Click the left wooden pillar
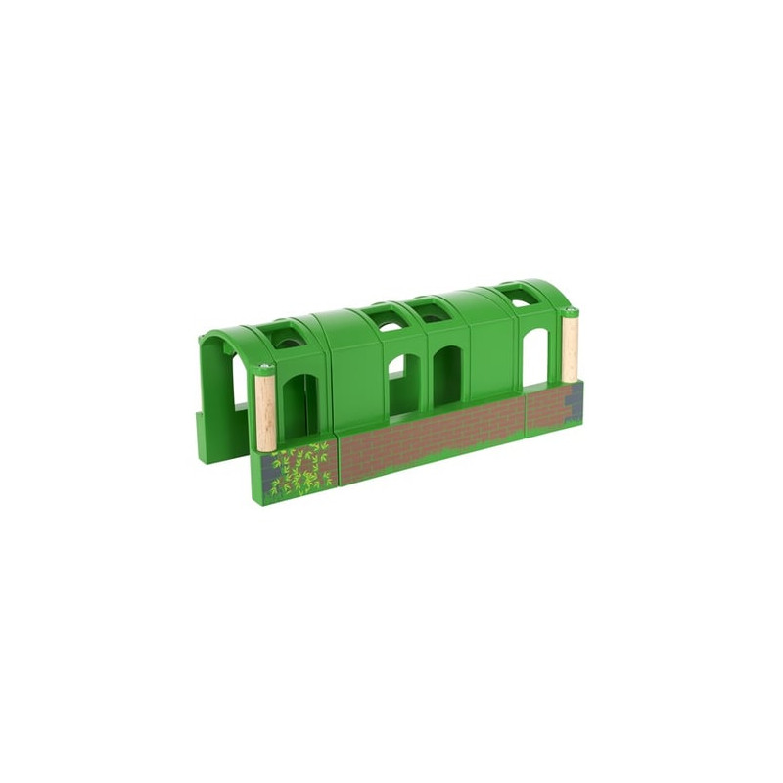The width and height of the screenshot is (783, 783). (x=264, y=411)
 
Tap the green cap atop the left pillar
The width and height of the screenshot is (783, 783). (x=264, y=370)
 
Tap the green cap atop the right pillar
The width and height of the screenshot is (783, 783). (x=570, y=312)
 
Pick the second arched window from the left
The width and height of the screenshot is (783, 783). (x=399, y=387)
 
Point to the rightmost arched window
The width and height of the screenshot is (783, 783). (x=534, y=358)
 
